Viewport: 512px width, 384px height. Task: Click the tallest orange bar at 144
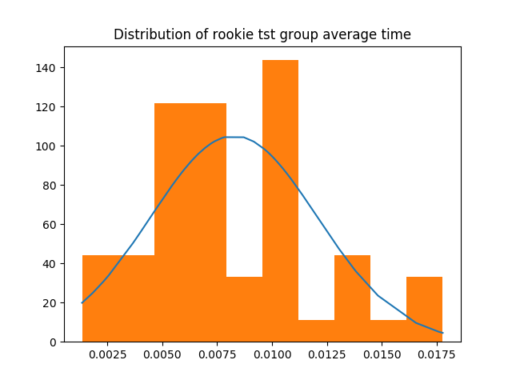280,200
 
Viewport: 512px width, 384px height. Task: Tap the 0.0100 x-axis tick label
272,354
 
